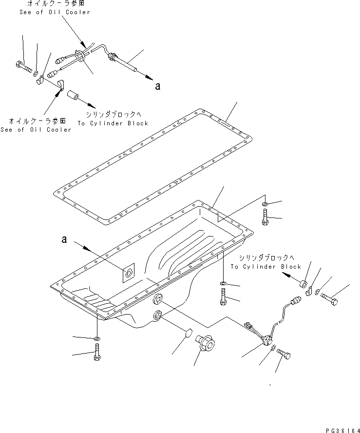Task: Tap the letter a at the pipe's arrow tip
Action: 157,86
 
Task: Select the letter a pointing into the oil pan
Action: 63,239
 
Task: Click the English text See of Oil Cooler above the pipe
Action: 55,12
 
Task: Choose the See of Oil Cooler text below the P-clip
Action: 36,129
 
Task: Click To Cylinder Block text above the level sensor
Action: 266,267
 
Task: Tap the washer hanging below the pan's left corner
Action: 97,338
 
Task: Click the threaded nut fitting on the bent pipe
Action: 113,58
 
